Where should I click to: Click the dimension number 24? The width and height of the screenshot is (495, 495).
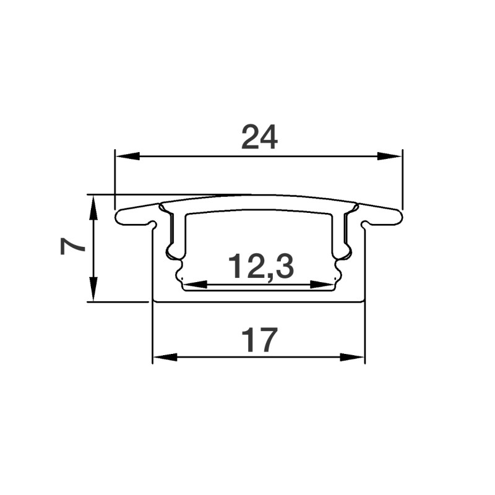pyautogui.click(x=259, y=137)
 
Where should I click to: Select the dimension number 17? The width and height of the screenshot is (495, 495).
pyautogui.click(x=259, y=341)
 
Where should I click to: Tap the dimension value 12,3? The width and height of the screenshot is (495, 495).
pyautogui.click(x=260, y=267)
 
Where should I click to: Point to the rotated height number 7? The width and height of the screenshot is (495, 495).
pyautogui.click(x=74, y=246)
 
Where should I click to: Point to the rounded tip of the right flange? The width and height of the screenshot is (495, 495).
pyautogui.click(x=400, y=217)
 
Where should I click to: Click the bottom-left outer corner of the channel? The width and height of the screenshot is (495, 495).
pyautogui.click(x=153, y=301)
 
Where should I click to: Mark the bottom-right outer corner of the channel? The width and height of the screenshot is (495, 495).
pyautogui.click(x=364, y=301)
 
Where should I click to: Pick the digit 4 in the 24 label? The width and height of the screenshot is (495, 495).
pyautogui.click(x=269, y=137)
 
